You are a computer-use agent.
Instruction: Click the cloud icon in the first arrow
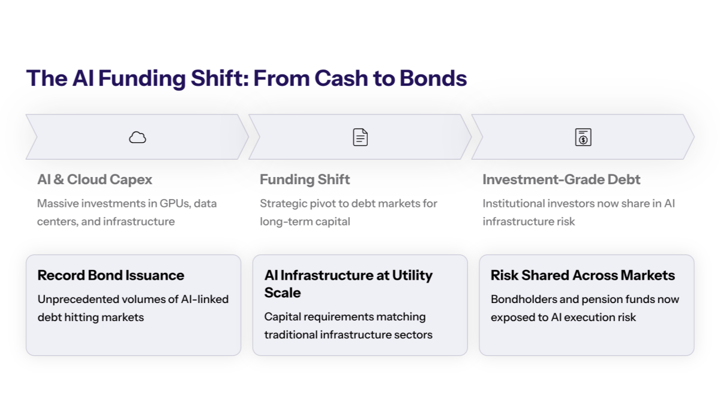137,137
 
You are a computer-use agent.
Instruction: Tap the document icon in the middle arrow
360,137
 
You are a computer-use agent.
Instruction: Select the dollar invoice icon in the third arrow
583,137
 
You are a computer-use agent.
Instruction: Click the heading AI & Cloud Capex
95,179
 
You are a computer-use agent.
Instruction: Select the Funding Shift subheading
305,179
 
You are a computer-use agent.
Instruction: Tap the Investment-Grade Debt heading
561,179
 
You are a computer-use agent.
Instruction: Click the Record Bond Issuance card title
111,275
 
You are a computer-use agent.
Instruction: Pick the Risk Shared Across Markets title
583,275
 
